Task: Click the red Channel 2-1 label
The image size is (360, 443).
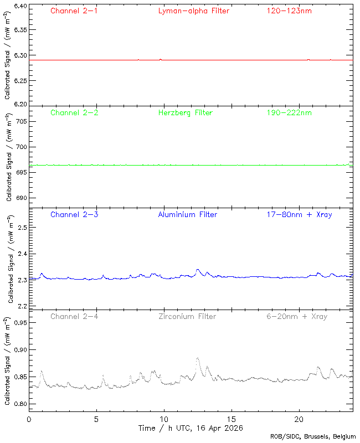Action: pos(74,11)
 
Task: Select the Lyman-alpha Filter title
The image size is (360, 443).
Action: pos(193,11)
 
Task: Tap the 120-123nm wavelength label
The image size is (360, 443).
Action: pos(289,11)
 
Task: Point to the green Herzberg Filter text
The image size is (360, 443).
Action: pos(186,112)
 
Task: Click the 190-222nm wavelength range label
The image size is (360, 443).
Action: pos(289,112)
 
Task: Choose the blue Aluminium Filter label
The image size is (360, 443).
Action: pos(188,214)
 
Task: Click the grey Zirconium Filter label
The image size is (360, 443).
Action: pos(187,316)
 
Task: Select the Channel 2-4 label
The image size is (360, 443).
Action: pos(74,316)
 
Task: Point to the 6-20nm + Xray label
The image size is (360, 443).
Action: pos(297,316)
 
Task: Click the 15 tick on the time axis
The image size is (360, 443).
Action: pos(232,419)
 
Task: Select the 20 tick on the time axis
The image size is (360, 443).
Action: pos(299,419)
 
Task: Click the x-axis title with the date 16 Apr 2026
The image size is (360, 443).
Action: pos(190,428)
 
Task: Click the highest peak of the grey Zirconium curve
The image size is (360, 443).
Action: pos(198,358)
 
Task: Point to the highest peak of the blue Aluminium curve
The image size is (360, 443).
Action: pos(198,270)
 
